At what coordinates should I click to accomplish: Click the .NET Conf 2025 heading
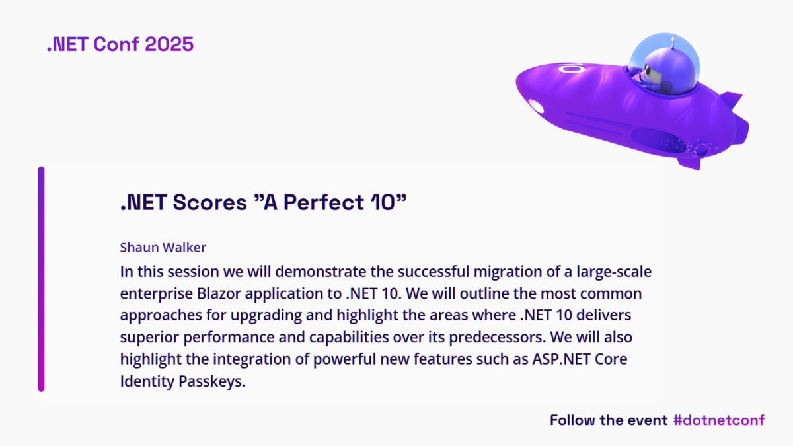120,44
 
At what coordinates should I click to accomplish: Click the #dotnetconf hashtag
718,420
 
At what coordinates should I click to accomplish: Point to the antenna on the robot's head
672,43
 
